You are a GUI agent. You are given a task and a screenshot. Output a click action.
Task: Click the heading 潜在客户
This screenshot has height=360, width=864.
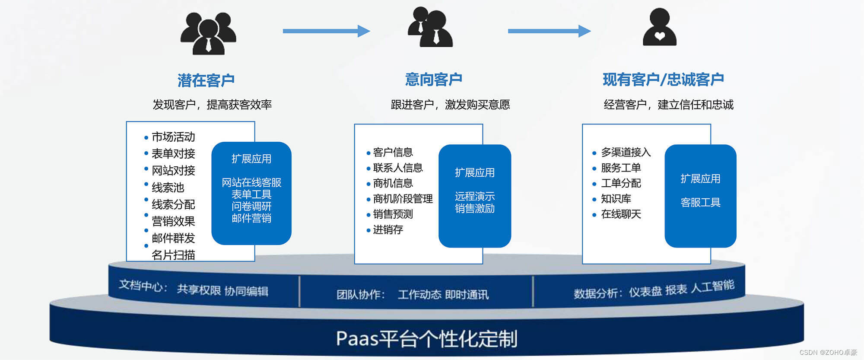tap(206, 80)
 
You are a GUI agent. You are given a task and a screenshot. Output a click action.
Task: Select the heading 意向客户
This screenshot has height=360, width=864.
tap(433, 80)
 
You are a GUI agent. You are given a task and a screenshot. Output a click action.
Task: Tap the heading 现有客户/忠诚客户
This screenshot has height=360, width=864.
tap(663, 80)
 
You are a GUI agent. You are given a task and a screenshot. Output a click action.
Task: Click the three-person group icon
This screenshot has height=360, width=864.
tap(208, 34)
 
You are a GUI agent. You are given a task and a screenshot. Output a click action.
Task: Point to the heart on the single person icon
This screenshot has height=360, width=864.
tap(660, 36)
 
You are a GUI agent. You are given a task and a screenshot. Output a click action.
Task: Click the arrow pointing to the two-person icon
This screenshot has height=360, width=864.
tap(326, 31)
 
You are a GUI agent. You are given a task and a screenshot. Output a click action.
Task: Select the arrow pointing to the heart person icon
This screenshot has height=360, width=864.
tap(549, 31)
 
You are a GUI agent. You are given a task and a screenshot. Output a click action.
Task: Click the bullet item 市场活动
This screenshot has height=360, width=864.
tap(173, 137)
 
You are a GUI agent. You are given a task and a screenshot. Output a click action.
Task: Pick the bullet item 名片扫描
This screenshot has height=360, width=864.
tap(173, 255)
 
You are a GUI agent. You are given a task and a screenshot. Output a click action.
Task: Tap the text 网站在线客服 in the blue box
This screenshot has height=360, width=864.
tap(251, 183)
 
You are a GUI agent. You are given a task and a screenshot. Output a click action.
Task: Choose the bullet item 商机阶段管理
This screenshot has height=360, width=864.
tap(403, 199)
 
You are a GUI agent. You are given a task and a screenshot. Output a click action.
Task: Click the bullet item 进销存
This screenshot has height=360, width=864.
tap(388, 230)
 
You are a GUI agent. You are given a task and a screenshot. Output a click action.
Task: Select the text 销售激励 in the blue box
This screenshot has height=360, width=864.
tap(474, 209)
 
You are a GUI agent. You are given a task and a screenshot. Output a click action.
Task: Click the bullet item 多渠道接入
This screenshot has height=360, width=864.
tap(626, 152)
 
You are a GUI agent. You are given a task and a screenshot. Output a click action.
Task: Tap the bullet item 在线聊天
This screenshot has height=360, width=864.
tap(621, 214)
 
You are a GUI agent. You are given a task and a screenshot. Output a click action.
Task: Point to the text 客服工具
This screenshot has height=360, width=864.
tap(700, 203)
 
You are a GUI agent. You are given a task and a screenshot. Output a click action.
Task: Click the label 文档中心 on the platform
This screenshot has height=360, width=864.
tap(140, 286)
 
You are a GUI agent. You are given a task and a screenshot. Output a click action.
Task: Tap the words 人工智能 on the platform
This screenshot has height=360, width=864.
tap(712, 286)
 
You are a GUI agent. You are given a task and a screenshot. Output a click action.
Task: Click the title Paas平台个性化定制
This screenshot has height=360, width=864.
tap(426, 339)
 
